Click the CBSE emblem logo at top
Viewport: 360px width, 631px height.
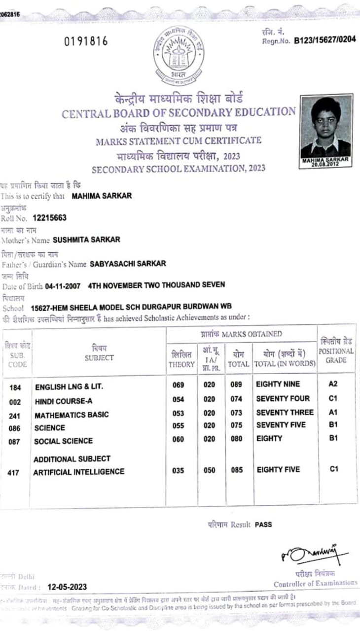point(179,54)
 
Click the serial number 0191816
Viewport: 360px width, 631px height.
point(86,41)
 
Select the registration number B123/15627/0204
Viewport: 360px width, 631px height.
point(325,40)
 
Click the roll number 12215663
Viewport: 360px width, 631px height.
point(50,217)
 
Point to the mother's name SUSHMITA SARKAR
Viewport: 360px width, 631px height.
point(86,240)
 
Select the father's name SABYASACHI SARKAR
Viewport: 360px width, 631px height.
point(128,264)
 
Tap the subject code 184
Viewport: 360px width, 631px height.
point(15,387)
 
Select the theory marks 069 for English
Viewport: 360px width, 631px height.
point(179,385)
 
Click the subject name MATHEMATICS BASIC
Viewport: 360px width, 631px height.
point(72,415)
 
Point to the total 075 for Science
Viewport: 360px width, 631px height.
point(237,426)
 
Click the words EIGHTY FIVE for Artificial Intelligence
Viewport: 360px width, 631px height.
point(278,470)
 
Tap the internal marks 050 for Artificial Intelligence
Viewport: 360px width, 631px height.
point(209,470)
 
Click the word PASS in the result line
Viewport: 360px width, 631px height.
point(263,525)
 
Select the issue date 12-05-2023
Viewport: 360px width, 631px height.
point(67,587)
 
